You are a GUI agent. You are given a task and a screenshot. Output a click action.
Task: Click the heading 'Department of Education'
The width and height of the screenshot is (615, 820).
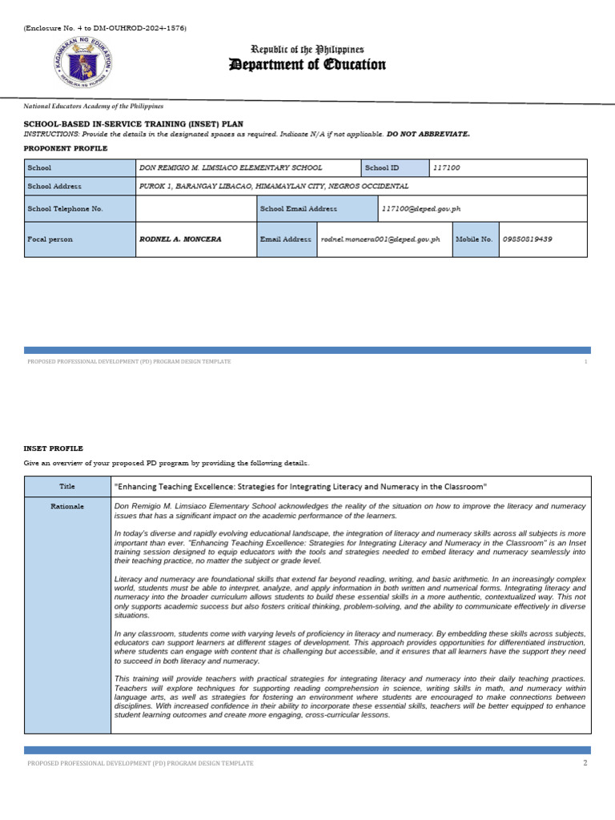click(307, 65)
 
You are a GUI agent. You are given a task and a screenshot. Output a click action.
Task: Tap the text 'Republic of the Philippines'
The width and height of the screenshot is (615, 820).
click(308, 50)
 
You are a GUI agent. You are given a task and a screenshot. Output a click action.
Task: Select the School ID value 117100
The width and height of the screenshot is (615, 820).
click(447, 168)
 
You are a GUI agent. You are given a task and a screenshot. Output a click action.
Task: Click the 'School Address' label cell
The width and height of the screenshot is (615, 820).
click(54, 186)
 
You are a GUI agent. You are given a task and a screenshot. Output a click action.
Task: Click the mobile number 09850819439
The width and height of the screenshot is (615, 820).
click(528, 239)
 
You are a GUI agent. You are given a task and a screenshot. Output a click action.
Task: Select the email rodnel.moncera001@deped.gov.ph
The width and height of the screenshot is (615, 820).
click(380, 239)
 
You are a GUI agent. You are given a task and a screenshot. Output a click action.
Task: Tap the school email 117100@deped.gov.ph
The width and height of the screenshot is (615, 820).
click(421, 209)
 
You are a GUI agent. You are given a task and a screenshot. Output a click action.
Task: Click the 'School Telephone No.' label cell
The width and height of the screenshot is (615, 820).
click(65, 209)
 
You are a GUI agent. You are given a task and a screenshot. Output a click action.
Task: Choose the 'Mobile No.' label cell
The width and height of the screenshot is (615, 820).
click(474, 239)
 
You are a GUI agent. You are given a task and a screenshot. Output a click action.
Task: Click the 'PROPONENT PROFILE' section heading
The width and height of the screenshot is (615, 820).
click(66, 148)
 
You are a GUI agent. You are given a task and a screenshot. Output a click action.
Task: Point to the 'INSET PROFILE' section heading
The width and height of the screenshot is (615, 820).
click(54, 448)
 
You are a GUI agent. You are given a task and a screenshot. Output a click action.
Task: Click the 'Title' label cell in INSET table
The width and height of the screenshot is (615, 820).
click(66, 487)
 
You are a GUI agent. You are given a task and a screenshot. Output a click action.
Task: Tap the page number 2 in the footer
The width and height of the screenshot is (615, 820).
click(585, 763)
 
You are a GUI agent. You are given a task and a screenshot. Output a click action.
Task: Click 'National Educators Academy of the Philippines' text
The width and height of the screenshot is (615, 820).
click(93, 106)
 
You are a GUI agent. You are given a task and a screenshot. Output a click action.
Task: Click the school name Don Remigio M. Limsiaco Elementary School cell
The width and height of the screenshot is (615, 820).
click(231, 168)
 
